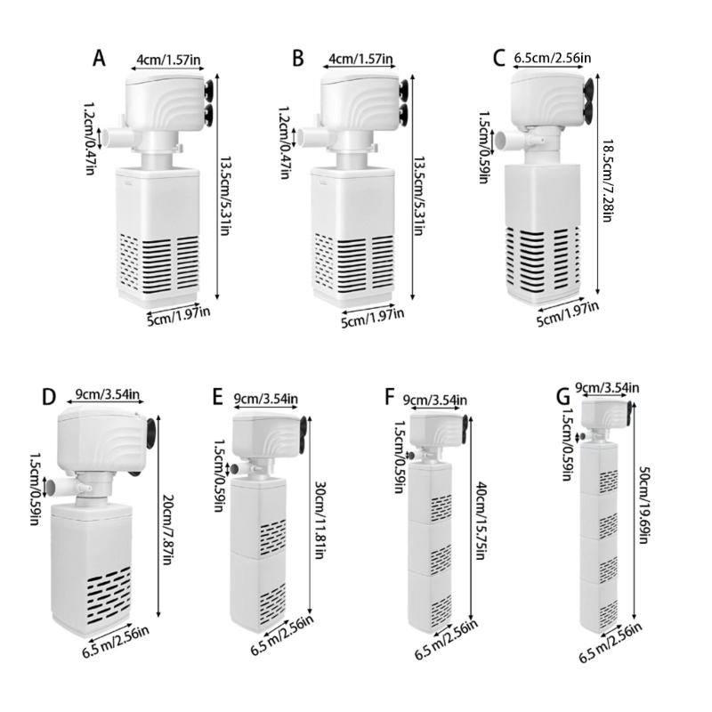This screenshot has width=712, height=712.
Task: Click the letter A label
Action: click(100, 59)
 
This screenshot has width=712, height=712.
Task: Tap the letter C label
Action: click(499, 59)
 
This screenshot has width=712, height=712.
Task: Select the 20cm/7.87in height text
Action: click(166, 526)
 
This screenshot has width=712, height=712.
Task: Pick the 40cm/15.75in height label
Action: click(481, 521)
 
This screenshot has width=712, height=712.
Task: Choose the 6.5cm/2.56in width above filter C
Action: click(553, 60)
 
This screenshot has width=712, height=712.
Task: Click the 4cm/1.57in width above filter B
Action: click(360, 59)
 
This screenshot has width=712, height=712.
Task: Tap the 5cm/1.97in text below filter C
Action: click(567, 314)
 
